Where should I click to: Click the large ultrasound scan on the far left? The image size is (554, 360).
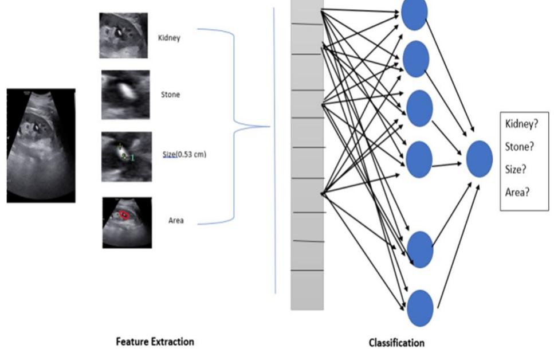coord(41,145)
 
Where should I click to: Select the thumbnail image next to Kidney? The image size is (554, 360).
coord(123,36)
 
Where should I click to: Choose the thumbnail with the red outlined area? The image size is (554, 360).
coord(127,222)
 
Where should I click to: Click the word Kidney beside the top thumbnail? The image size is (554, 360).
coord(169,38)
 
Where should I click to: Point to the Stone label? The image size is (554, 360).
coord(170,94)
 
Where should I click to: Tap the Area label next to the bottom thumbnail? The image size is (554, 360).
coord(176,220)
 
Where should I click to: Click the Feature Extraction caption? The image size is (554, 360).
coord(155,342)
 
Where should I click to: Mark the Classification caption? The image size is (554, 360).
coord(396,343)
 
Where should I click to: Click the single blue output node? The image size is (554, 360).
coord(479,159)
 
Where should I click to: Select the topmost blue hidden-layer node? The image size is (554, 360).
coord(414,13)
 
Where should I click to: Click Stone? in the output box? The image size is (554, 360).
coord(520,146)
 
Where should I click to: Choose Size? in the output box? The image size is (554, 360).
coord(516,169)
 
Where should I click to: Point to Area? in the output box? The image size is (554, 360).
coord(517,192)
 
